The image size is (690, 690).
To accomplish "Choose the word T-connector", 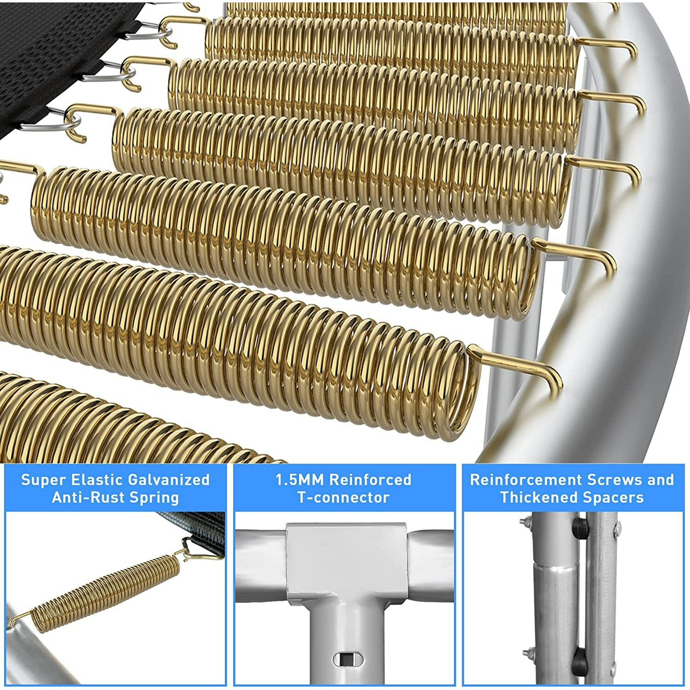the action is click(344, 497).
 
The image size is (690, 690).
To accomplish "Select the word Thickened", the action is click(538, 497).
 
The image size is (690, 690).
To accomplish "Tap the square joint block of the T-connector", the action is click(346, 561).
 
